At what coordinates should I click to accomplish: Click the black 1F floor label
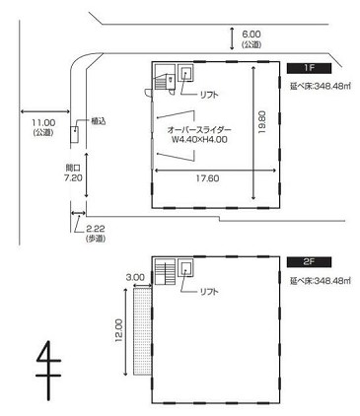coord(309,68)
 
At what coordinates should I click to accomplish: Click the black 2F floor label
coord(309,262)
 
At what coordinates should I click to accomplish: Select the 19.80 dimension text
coord(262,122)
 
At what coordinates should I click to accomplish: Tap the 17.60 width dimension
coord(207,178)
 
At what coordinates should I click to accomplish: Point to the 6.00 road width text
coord(252,34)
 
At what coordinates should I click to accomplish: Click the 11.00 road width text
coord(43,123)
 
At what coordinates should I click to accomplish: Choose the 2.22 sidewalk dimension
coord(96,229)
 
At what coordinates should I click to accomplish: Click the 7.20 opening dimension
coord(73,177)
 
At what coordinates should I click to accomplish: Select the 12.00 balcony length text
coord(119,330)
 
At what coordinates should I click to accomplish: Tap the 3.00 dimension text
coord(135,277)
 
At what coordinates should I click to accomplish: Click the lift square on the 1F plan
coord(185,73)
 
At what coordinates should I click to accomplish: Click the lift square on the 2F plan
coord(185,268)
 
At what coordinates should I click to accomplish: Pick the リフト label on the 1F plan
coord(209,95)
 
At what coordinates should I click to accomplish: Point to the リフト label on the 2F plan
coord(209,291)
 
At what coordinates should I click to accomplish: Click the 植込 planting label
coord(99,121)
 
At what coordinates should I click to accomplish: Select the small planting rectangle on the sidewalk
coord(75,134)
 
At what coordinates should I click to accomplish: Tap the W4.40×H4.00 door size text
coord(200,139)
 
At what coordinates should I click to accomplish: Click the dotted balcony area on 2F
coord(142,331)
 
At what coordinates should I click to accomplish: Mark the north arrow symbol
coord(48,371)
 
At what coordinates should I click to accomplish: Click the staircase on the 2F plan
coord(165,272)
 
